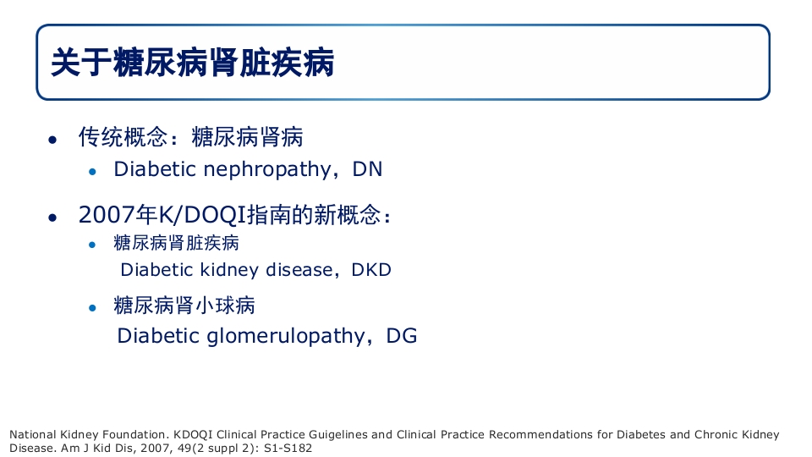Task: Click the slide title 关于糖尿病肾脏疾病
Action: [193, 63]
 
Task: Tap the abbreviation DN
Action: [368, 169]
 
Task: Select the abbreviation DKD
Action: [371, 270]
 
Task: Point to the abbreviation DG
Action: [402, 336]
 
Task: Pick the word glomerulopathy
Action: [284, 336]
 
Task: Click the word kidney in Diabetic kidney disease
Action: [229, 270]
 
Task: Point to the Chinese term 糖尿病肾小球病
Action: [184, 305]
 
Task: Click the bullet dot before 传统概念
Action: [52, 139]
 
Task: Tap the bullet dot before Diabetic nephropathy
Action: [94, 171]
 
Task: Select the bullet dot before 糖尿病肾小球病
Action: [94, 307]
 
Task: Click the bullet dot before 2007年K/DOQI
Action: [52, 217]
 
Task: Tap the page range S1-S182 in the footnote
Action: [288, 448]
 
